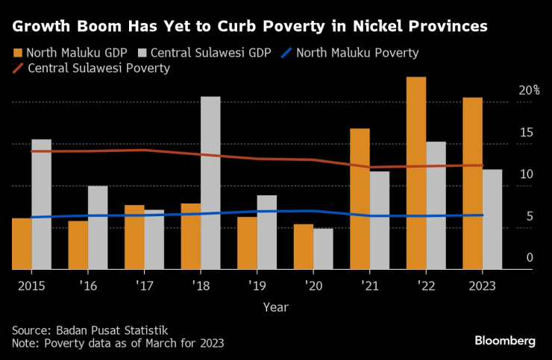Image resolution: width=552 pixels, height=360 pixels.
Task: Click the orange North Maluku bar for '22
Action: point(416,173)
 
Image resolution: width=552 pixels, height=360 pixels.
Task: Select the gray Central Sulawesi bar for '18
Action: point(210,183)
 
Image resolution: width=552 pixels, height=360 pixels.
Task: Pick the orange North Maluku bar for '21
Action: point(360,198)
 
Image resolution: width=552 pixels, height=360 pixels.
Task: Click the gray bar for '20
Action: point(323,248)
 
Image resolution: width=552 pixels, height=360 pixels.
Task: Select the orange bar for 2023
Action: point(472,183)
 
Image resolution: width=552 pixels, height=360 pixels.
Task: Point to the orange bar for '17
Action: point(134,237)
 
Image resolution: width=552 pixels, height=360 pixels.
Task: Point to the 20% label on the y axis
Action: point(529,90)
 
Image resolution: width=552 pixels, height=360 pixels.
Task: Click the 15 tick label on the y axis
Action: point(527,133)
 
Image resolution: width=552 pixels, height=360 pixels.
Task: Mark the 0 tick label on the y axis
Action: point(529,257)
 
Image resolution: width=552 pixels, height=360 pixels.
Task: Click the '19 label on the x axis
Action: point(257,284)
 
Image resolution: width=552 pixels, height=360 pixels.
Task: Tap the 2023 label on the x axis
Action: point(483,284)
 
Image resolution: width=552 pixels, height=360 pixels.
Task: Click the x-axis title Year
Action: point(275,306)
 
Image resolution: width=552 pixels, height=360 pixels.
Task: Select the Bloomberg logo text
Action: point(505,341)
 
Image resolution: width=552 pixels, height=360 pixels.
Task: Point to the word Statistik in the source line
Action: point(145,329)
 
